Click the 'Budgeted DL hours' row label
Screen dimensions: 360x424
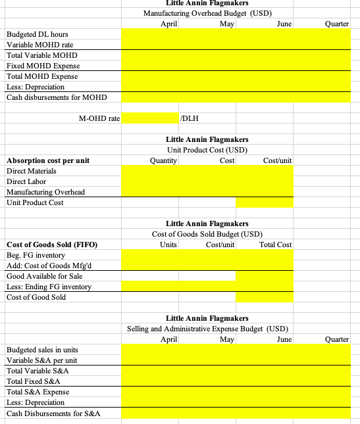pos(37,34)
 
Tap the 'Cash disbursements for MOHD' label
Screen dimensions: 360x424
pos(56,97)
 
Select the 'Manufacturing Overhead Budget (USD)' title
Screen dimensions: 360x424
pos(207,13)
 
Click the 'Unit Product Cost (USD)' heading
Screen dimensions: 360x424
pos(207,150)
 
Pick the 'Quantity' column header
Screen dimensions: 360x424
pos(164,160)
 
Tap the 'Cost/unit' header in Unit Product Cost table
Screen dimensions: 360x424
pos(277,160)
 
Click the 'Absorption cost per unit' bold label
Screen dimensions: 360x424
pos(48,160)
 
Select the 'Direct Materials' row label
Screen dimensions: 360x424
pos(32,171)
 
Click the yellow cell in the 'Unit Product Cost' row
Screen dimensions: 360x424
pos(264,202)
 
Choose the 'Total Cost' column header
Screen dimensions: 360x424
pos(276,245)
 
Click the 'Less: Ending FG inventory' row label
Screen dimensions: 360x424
pos(49,287)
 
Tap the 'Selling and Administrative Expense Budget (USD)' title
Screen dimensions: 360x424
pos(207,329)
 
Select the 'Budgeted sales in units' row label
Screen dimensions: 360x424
pos(45,350)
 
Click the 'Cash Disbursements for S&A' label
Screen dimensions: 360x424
pos(53,413)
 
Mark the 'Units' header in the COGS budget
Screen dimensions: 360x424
pos(168,245)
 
